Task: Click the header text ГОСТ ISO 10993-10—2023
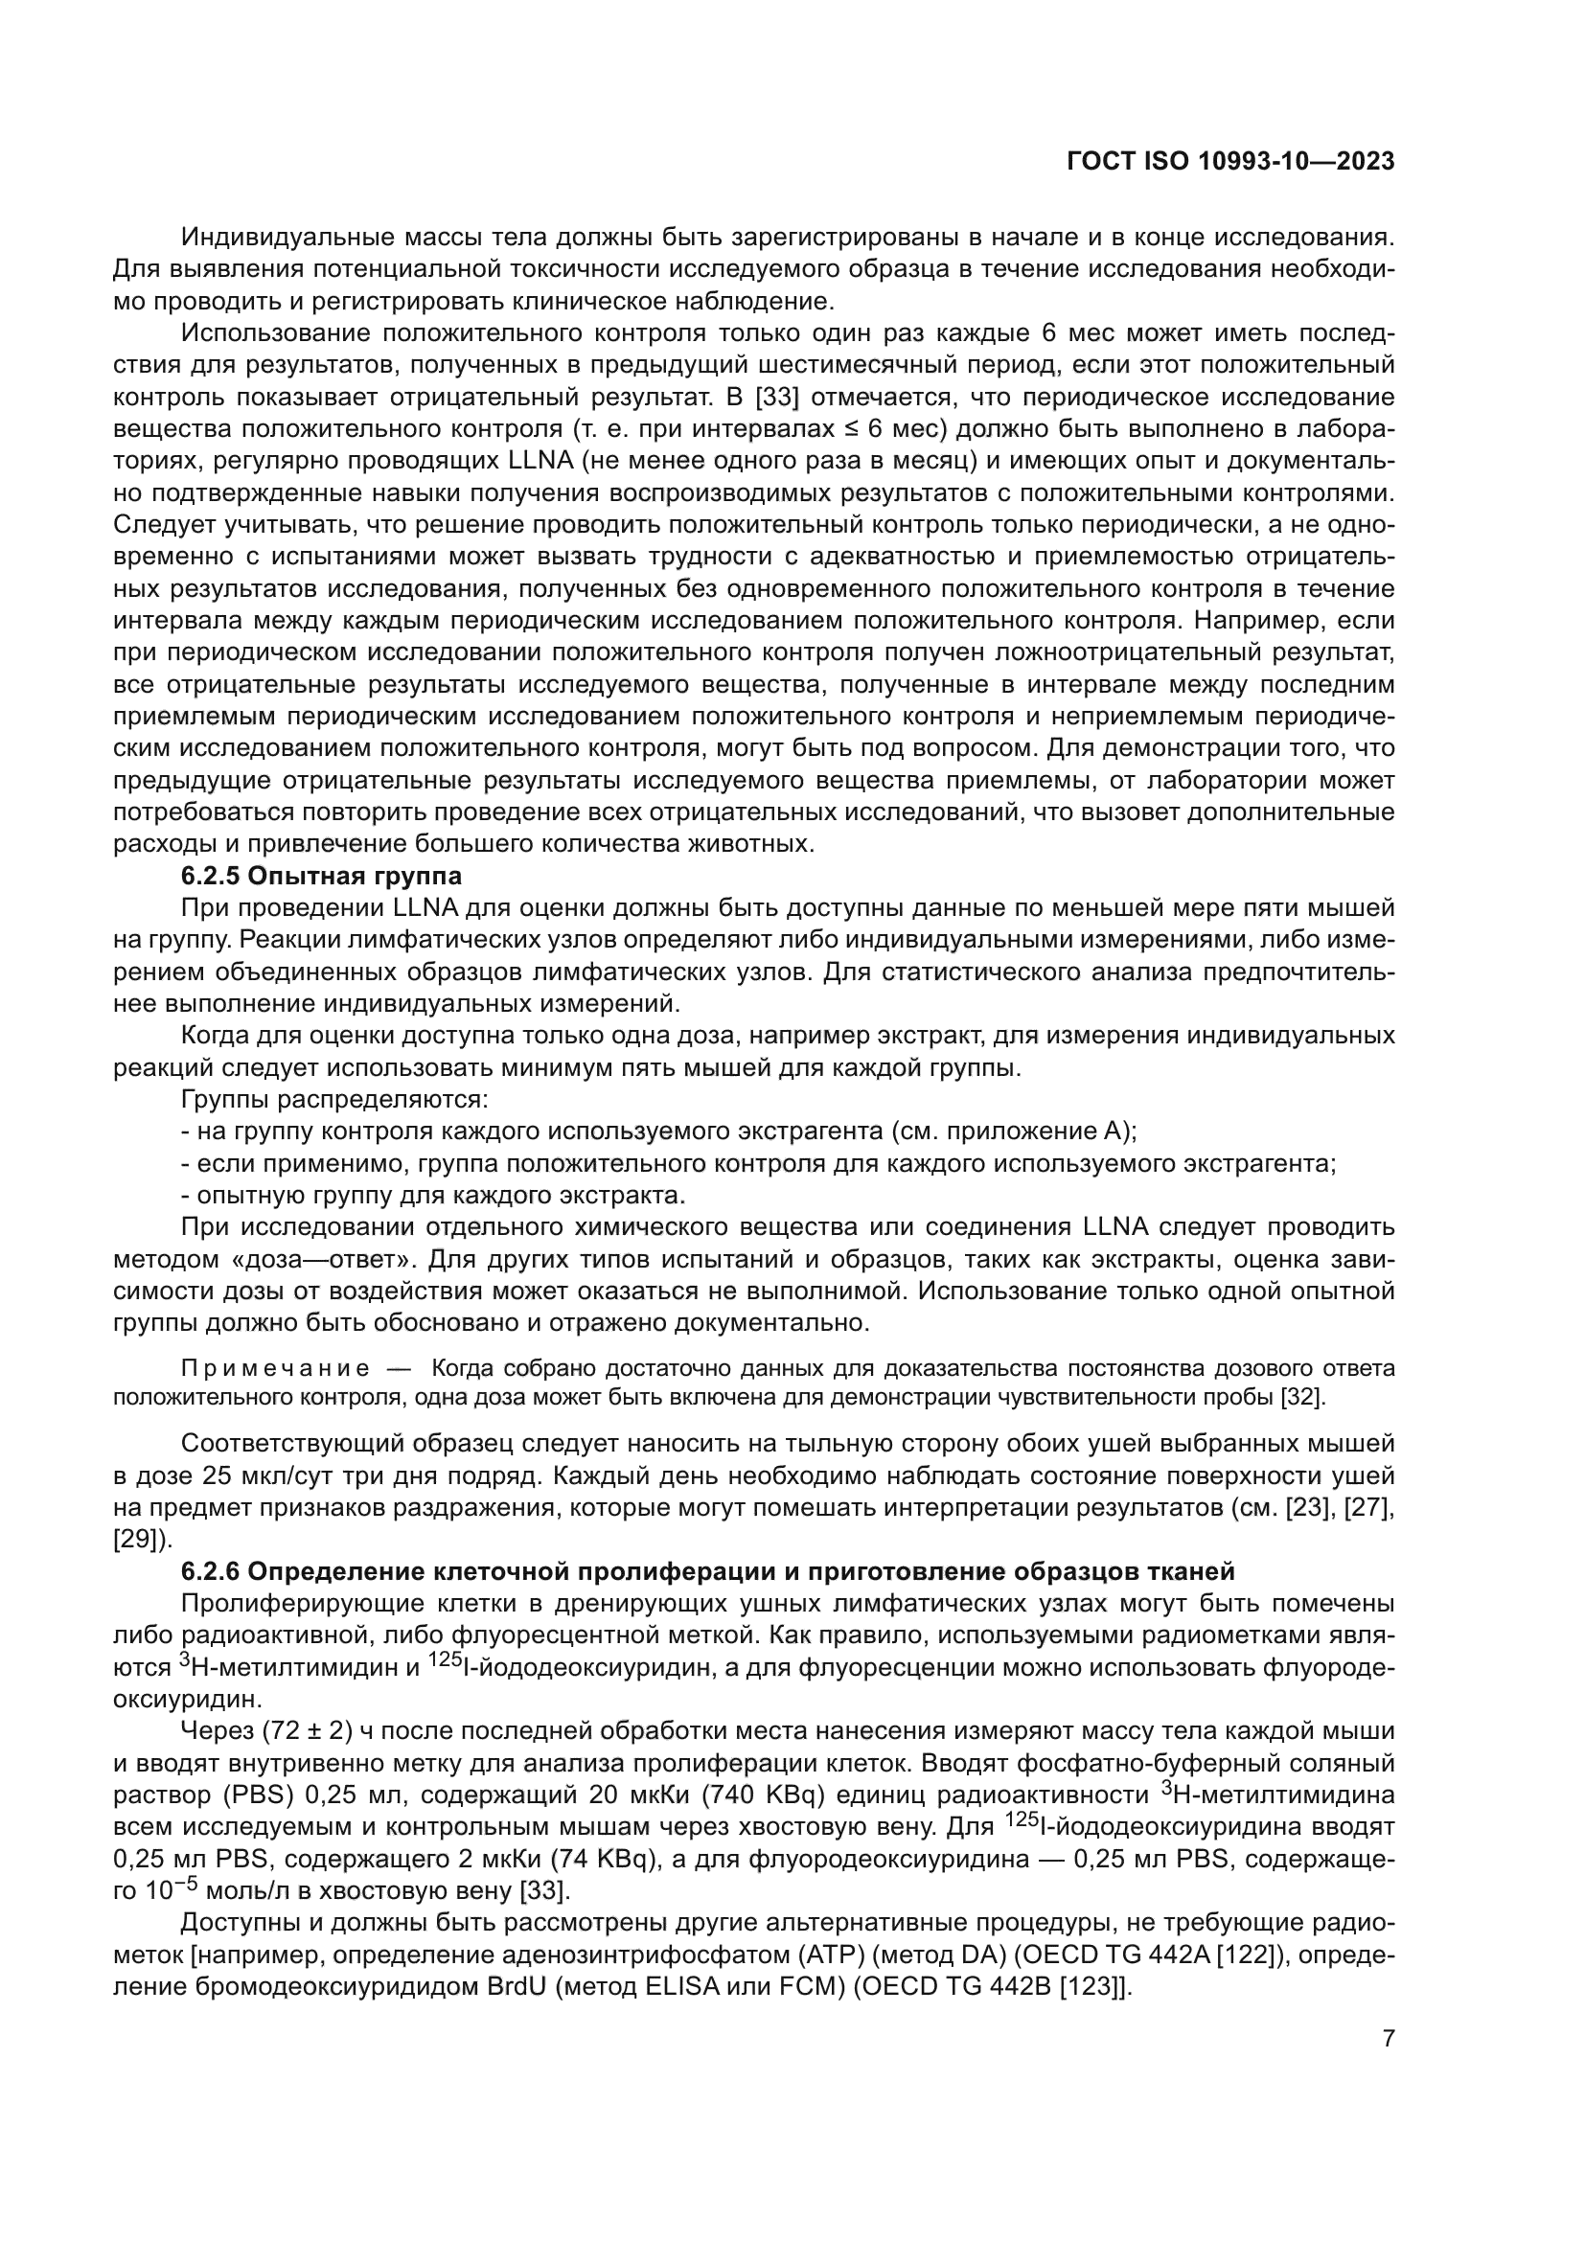point(1230,162)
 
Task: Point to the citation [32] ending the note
point(1302,1397)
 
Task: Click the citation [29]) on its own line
point(143,1540)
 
